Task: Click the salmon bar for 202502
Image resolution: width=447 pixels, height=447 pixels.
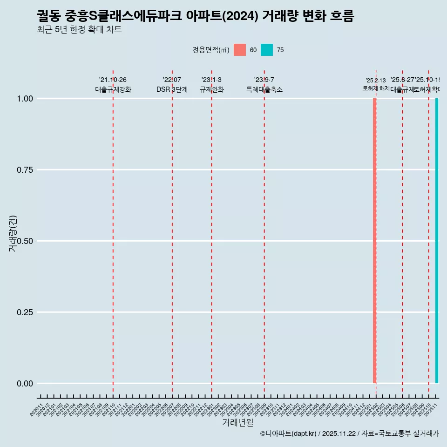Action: (x=374, y=241)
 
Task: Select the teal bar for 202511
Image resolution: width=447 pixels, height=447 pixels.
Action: (x=437, y=241)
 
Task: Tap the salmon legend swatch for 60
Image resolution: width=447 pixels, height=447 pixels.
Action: (x=240, y=50)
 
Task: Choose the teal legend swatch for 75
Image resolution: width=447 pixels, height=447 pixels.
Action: (x=267, y=50)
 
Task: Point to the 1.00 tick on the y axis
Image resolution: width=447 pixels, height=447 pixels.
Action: (x=25, y=99)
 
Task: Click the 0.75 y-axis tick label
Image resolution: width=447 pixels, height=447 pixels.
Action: (x=25, y=170)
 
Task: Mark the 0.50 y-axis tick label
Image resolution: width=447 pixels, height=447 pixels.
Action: (x=25, y=241)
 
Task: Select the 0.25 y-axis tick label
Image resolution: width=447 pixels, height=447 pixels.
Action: (x=25, y=312)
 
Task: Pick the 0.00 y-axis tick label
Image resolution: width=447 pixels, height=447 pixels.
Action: (x=25, y=384)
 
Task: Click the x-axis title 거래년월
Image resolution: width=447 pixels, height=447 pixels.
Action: (x=237, y=423)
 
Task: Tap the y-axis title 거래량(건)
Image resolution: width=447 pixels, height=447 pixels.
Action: (x=13, y=234)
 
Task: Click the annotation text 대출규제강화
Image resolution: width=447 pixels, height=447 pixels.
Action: (x=113, y=89)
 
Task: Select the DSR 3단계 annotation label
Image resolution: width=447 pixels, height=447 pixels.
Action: (x=172, y=89)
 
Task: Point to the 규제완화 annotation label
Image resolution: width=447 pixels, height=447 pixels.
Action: (x=212, y=89)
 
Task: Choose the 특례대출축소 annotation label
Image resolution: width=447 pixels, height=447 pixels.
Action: (x=264, y=89)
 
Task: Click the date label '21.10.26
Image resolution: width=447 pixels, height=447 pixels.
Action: (x=113, y=80)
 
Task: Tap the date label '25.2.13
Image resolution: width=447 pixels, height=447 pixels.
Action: (x=375, y=81)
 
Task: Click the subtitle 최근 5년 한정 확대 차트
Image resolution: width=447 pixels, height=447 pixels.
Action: (x=79, y=30)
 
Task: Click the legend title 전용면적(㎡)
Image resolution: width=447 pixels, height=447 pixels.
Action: (x=210, y=50)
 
